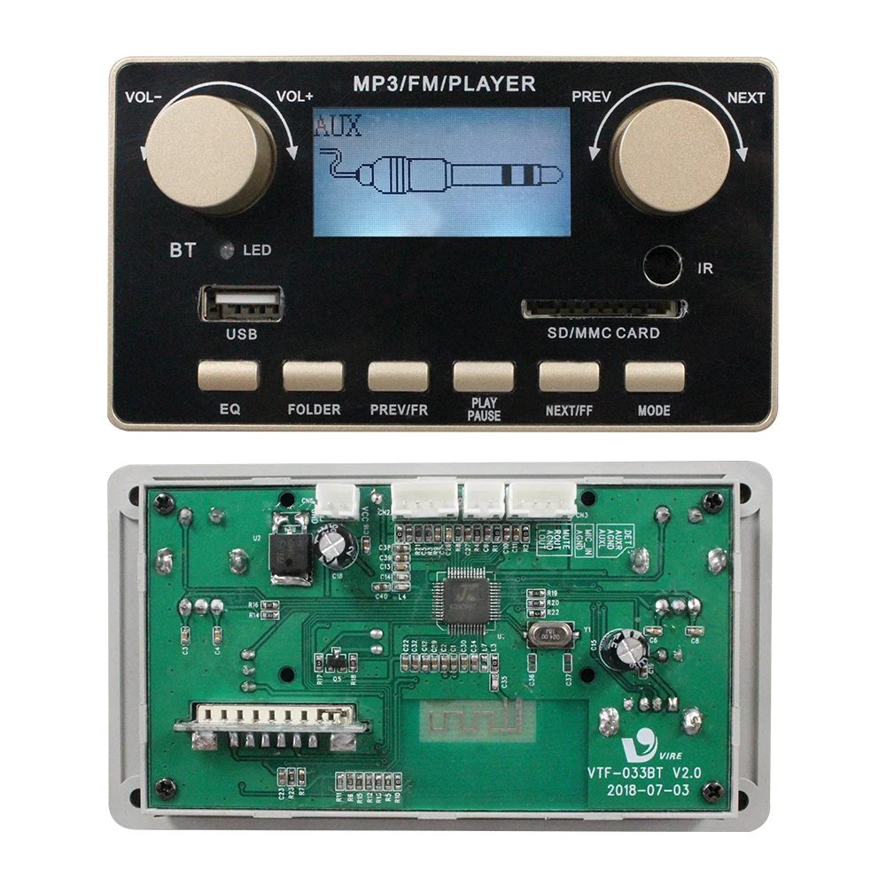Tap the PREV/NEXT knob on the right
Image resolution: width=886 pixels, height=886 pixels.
point(672,154)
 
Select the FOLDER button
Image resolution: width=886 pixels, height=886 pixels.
point(313,376)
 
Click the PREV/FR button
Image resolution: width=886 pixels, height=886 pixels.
point(398,376)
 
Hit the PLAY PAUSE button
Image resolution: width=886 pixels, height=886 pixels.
point(483,376)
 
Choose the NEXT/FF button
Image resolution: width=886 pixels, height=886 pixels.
point(569,376)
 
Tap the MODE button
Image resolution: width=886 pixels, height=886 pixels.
point(654,376)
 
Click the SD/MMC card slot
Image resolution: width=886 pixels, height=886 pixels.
point(602,308)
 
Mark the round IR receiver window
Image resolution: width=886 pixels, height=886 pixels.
point(662,266)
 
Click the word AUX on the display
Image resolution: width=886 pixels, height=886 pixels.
point(338,125)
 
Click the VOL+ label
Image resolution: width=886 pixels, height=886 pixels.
point(296,97)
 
